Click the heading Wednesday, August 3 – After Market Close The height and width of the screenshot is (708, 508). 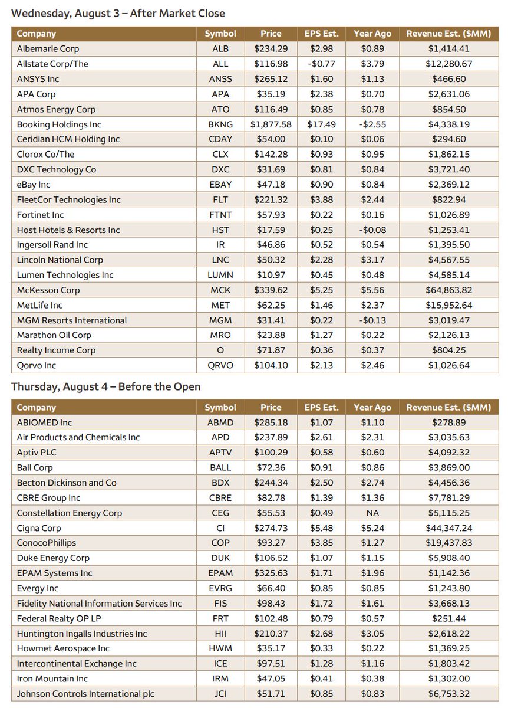118,13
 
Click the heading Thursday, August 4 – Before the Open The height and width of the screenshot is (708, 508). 106,387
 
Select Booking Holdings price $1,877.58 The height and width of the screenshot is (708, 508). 271,124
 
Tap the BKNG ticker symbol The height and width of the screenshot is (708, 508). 220,124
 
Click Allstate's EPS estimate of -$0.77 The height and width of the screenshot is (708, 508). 321,64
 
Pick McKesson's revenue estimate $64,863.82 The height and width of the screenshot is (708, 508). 448,290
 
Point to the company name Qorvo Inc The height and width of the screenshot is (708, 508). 37,366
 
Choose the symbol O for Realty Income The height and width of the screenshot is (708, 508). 220,350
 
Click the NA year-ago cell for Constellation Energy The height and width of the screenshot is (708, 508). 372,513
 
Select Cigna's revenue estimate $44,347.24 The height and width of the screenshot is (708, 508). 448,528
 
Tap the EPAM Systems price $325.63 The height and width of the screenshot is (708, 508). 271,573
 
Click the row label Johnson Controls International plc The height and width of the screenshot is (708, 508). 85,694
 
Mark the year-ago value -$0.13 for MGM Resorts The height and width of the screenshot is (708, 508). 372,320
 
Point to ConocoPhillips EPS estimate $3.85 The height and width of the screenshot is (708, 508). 321,543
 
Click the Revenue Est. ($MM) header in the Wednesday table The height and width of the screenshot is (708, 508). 448,34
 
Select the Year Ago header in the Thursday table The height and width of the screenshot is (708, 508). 372,408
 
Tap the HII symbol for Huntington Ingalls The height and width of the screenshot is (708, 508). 220,634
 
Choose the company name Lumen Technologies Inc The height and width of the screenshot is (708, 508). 65,275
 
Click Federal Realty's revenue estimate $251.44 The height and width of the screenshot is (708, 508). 448,618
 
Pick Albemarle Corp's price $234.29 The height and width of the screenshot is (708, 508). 271,49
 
